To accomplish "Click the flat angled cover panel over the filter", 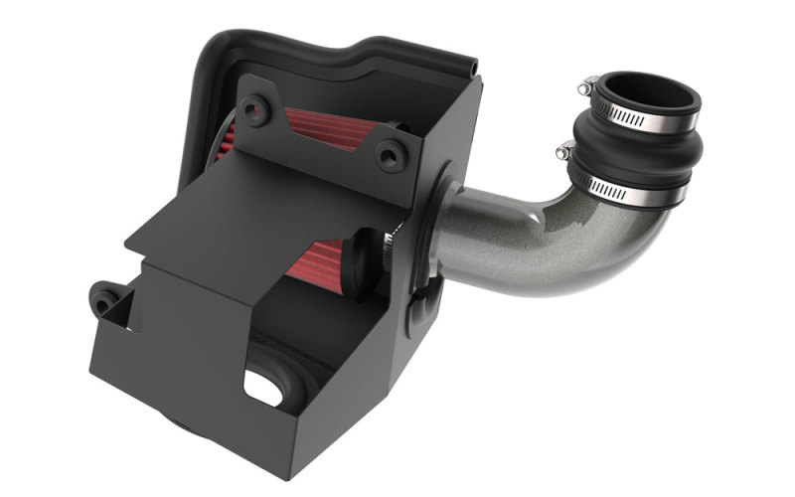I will click(x=248, y=219).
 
